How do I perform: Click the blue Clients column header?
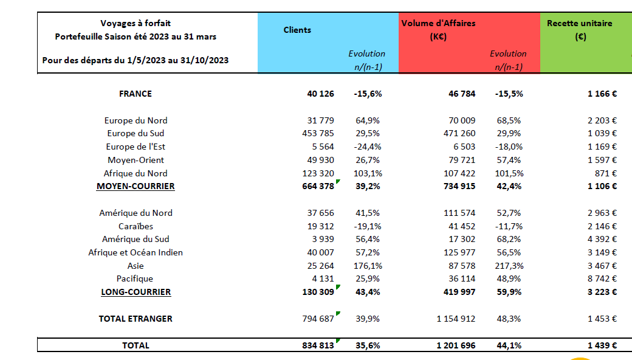click(x=297, y=30)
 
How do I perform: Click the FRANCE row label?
click(x=136, y=94)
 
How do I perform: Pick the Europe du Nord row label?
click(x=136, y=120)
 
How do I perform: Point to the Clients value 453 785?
click(x=318, y=133)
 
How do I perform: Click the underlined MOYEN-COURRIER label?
click(x=136, y=186)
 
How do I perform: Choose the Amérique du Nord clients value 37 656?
click(x=320, y=213)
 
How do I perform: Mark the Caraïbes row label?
click(x=136, y=226)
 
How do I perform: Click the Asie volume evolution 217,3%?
click(x=509, y=266)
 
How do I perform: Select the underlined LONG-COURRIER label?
click(x=136, y=292)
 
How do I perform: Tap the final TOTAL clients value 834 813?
click(x=318, y=345)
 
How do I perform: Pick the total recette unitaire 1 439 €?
click(x=602, y=345)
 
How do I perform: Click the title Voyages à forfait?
click(x=136, y=23)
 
